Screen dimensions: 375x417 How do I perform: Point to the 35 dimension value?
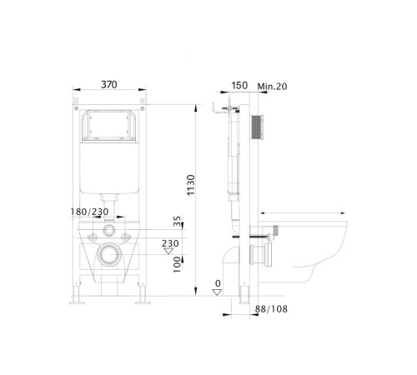coord(176,222)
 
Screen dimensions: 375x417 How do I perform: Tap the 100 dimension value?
coord(177,264)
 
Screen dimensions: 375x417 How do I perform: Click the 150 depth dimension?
coord(239,85)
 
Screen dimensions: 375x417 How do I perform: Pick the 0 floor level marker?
coord(218,284)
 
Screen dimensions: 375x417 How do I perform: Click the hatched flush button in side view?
coord(259,127)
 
